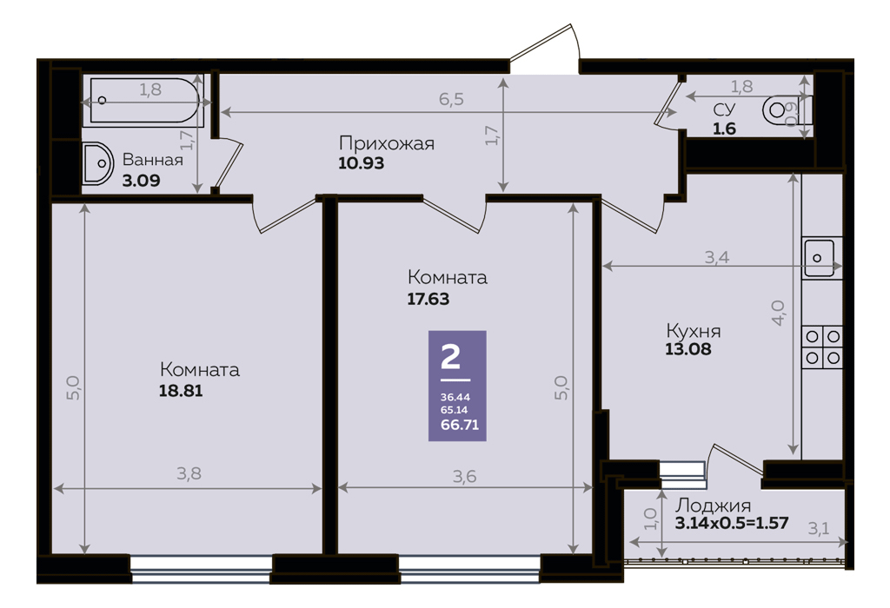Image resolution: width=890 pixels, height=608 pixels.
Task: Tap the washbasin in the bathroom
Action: pos(97,163)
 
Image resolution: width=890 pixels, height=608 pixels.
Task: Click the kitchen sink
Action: pos(820,258)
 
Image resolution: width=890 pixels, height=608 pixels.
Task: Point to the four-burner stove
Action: pos(822,347)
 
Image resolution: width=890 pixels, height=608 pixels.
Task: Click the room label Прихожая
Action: pos(387,143)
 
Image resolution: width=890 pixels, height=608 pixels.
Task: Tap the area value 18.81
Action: pos(181,391)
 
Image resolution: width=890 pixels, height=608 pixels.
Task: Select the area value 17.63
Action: pos(428,299)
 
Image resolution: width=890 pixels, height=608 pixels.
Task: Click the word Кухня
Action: pos(693,331)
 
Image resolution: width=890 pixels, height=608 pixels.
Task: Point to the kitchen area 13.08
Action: pos(688,349)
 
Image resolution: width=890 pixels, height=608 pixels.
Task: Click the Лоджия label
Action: pos(713,506)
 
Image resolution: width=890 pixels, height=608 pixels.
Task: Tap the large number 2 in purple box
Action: pos(451,357)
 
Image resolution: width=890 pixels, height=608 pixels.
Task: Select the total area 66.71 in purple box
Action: pos(460,424)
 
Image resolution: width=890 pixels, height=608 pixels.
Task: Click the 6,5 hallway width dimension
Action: pos(451,99)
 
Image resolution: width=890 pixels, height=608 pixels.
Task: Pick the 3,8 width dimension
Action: pos(189,473)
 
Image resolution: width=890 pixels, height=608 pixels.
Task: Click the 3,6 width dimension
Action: pos(464,477)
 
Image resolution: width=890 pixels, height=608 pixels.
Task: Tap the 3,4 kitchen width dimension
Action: pos(717,257)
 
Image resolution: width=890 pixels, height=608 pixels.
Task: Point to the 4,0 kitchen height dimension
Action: pos(778,313)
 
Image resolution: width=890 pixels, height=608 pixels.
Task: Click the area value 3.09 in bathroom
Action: pos(142,181)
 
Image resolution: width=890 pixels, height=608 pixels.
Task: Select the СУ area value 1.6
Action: pos(724,129)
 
